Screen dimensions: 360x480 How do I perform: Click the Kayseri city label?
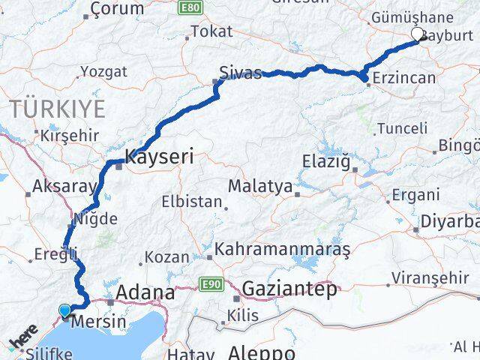pos(159,157)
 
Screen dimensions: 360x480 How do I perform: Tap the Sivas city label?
pos(240,73)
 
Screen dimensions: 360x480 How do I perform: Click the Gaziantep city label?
pos(289,289)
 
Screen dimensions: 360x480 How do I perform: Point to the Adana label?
pos(146,292)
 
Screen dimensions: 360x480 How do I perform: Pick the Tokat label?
pos(211,31)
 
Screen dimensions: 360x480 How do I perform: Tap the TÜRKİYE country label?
pos(58,108)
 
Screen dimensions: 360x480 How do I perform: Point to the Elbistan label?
pos(192,202)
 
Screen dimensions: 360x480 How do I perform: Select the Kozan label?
pos(167,256)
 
